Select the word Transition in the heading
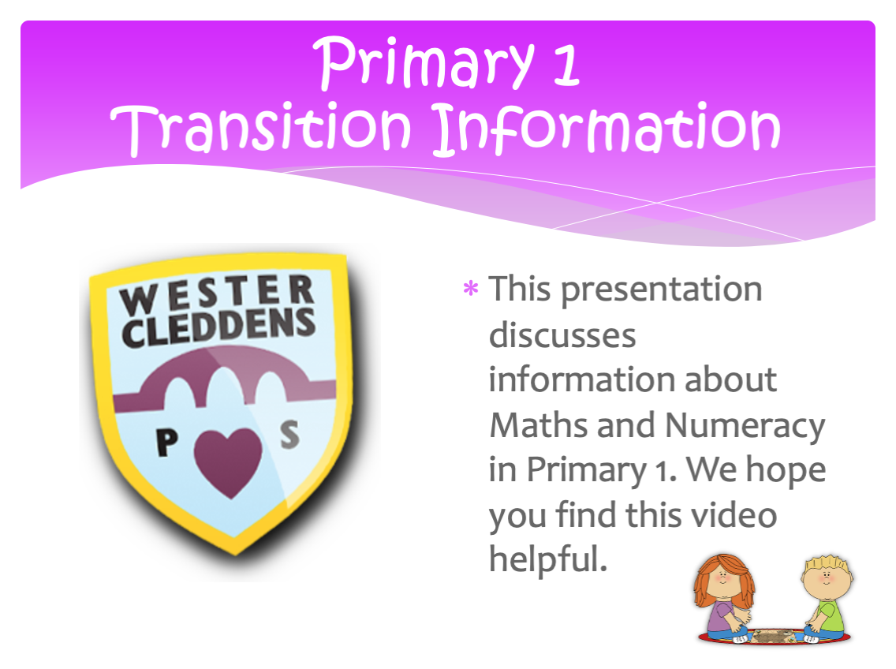pos(260,128)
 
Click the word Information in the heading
pos(607,128)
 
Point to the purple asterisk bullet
pos(470,288)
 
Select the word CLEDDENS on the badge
pos(218,327)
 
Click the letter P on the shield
pos(167,442)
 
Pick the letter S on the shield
pos(289,434)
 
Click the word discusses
pos(562,334)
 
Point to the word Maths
pos(538,425)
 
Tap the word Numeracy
pos(745,427)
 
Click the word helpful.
pos(547,560)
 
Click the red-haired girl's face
pos(723,578)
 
